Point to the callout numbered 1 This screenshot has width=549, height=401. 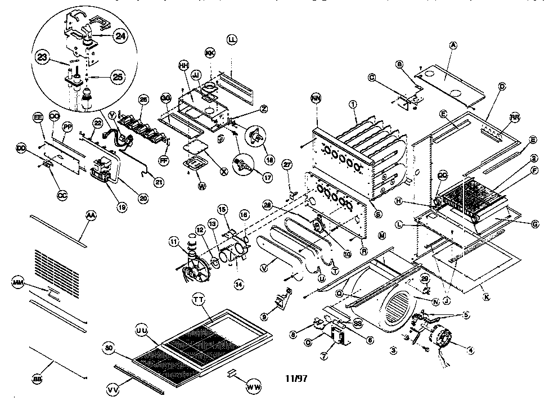point(353,104)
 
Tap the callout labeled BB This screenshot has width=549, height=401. point(38,380)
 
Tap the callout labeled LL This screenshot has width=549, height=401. point(232,39)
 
